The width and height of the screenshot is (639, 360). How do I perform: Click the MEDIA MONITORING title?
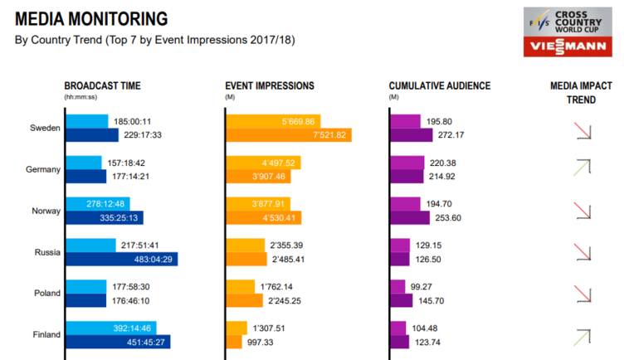(91, 19)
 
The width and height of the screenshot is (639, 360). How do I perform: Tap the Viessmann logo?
(568, 46)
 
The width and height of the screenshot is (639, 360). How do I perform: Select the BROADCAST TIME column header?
(103, 85)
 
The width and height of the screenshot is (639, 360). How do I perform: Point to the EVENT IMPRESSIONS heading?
(270, 85)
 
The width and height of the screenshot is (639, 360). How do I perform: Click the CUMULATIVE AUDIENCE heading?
(439, 85)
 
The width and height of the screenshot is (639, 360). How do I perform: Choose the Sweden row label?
(45, 128)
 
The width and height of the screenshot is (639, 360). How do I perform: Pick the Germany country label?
(43, 169)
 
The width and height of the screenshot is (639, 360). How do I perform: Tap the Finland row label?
(46, 335)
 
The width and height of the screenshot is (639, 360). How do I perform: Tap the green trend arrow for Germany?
(582, 168)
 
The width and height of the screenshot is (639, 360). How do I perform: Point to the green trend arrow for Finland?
(582, 336)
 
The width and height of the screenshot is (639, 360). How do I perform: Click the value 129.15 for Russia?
(431, 246)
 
